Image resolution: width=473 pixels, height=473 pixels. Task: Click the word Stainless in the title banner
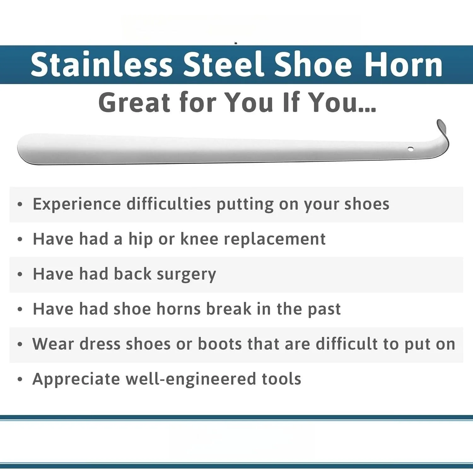tap(102, 64)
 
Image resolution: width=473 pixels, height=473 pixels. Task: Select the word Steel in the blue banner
tap(224, 64)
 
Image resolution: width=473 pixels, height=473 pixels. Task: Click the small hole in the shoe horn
tap(411, 149)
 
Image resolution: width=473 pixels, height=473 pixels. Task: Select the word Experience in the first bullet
tap(77, 204)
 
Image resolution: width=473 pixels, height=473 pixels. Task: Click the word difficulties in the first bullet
tap(169, 204)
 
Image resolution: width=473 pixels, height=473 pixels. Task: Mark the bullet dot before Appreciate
tap(20, 379)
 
